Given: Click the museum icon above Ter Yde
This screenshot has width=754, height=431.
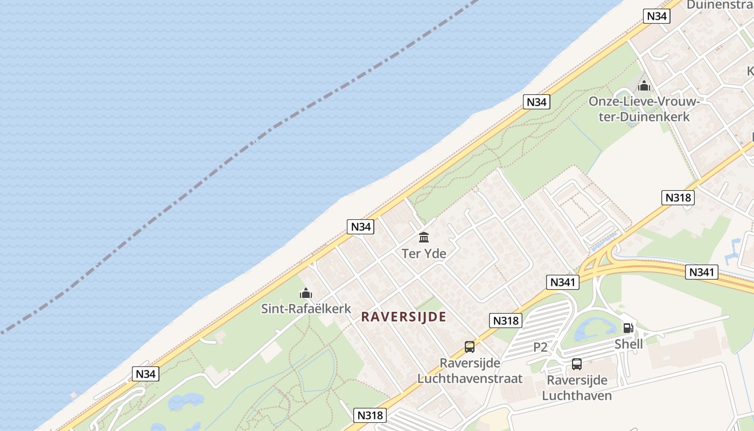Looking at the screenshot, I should coord(424,237).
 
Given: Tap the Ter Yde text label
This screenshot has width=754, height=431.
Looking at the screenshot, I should coord(424,253).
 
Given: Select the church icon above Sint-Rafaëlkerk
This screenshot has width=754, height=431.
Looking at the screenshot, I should coord(306,294).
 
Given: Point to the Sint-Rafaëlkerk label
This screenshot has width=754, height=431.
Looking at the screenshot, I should coord(306,309).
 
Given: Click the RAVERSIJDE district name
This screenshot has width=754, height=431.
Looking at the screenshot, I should coord(403,317).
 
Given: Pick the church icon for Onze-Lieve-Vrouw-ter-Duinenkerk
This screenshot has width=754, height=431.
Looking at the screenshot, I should coord(644,86).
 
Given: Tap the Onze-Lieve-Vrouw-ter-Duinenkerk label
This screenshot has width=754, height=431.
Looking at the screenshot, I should coord(644,109).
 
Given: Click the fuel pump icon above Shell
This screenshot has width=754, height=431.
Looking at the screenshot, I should coord(628,328).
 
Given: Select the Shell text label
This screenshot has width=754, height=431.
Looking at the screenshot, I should coord(629,344).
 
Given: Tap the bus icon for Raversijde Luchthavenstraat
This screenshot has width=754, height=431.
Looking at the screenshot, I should coord(470,347).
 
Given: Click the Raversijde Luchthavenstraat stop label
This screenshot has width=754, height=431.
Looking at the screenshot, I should coord(470,371).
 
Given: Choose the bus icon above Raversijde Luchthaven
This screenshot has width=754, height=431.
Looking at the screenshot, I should coord(577,364).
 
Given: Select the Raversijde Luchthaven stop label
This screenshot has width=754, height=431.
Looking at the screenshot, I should coord(577,388).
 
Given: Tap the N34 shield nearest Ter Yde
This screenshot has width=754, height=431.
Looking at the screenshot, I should coord(361,227).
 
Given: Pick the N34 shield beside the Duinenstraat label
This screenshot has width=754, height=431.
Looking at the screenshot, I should coord(657,16).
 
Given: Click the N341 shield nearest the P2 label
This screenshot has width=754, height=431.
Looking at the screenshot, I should coord(563,282).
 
